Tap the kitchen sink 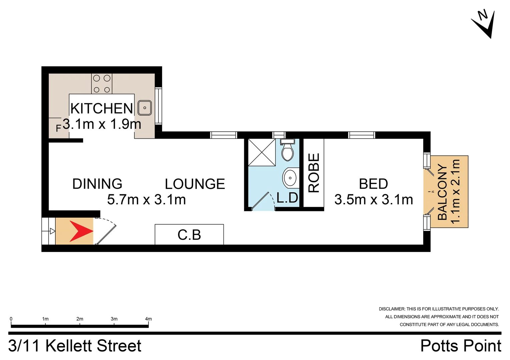click(144, 108)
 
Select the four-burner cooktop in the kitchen click(102, 84)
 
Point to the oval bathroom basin click(290, 178)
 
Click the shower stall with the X click(262, 152)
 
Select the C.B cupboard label click(189, 235)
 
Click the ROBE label click(314, 173)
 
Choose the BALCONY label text click(442, 192)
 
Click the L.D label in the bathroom click(287, 198)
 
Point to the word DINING click(97, 184)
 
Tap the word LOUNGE click(195, 184)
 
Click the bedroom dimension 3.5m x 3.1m click(374, 200)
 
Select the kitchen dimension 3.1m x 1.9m click(102, 124)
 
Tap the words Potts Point click(461, 346)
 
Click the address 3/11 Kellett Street click(75, 346)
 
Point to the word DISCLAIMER click(392, 309)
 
